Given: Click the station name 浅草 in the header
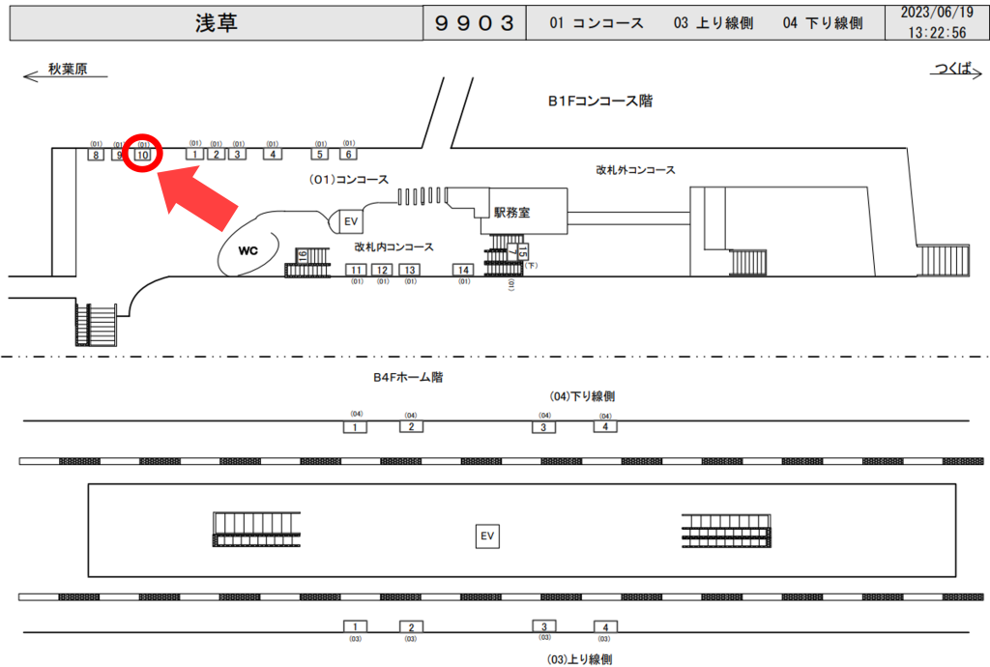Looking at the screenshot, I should click(x=216, y=23).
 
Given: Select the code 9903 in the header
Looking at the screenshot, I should click(x=474, y=23).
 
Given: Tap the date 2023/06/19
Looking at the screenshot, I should click(x=936, y=14).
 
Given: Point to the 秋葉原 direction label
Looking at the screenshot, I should click(x=68, y=70).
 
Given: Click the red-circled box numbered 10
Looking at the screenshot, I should click(x=143, y=155).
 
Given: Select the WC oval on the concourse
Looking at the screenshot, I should click(x=249, y=251).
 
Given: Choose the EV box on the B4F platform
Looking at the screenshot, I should click(x=487, y=536).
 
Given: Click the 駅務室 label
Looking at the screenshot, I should click(x=511, y=213).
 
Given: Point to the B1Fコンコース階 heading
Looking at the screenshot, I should click(x=599, y=101).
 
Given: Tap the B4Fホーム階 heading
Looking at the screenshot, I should click(x=408, y=378).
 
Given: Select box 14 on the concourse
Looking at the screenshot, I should click(x=464, y=270).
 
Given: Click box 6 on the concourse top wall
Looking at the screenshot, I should click(x=348, y=154).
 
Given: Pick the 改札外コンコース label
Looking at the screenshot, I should click(x=635, y=170).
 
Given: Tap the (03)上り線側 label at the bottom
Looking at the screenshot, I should click(x=580, y=658).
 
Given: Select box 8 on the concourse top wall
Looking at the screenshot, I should click(x=96, y=155).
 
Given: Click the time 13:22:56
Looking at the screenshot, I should click(x=936, y=32).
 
